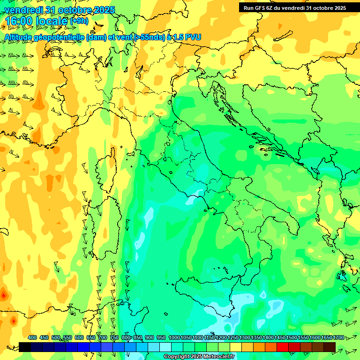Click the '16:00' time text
click(x=19, y=21)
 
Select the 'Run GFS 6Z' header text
click(x=260, y=8)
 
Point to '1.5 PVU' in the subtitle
click(x=187, y=37)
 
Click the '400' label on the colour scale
click(x=32, y=337)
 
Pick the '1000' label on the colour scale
click(x=174, y=337)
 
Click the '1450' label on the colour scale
click(x=280, y=337)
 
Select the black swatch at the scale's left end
click(x=25, y=347)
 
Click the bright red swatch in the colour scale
click(x=283, y=347)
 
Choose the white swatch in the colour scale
click(x=165, y=347)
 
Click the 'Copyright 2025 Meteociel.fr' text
click(x=199, y=356)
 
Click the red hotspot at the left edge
click(x=4, y=295)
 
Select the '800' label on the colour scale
click(x=127, y=337)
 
